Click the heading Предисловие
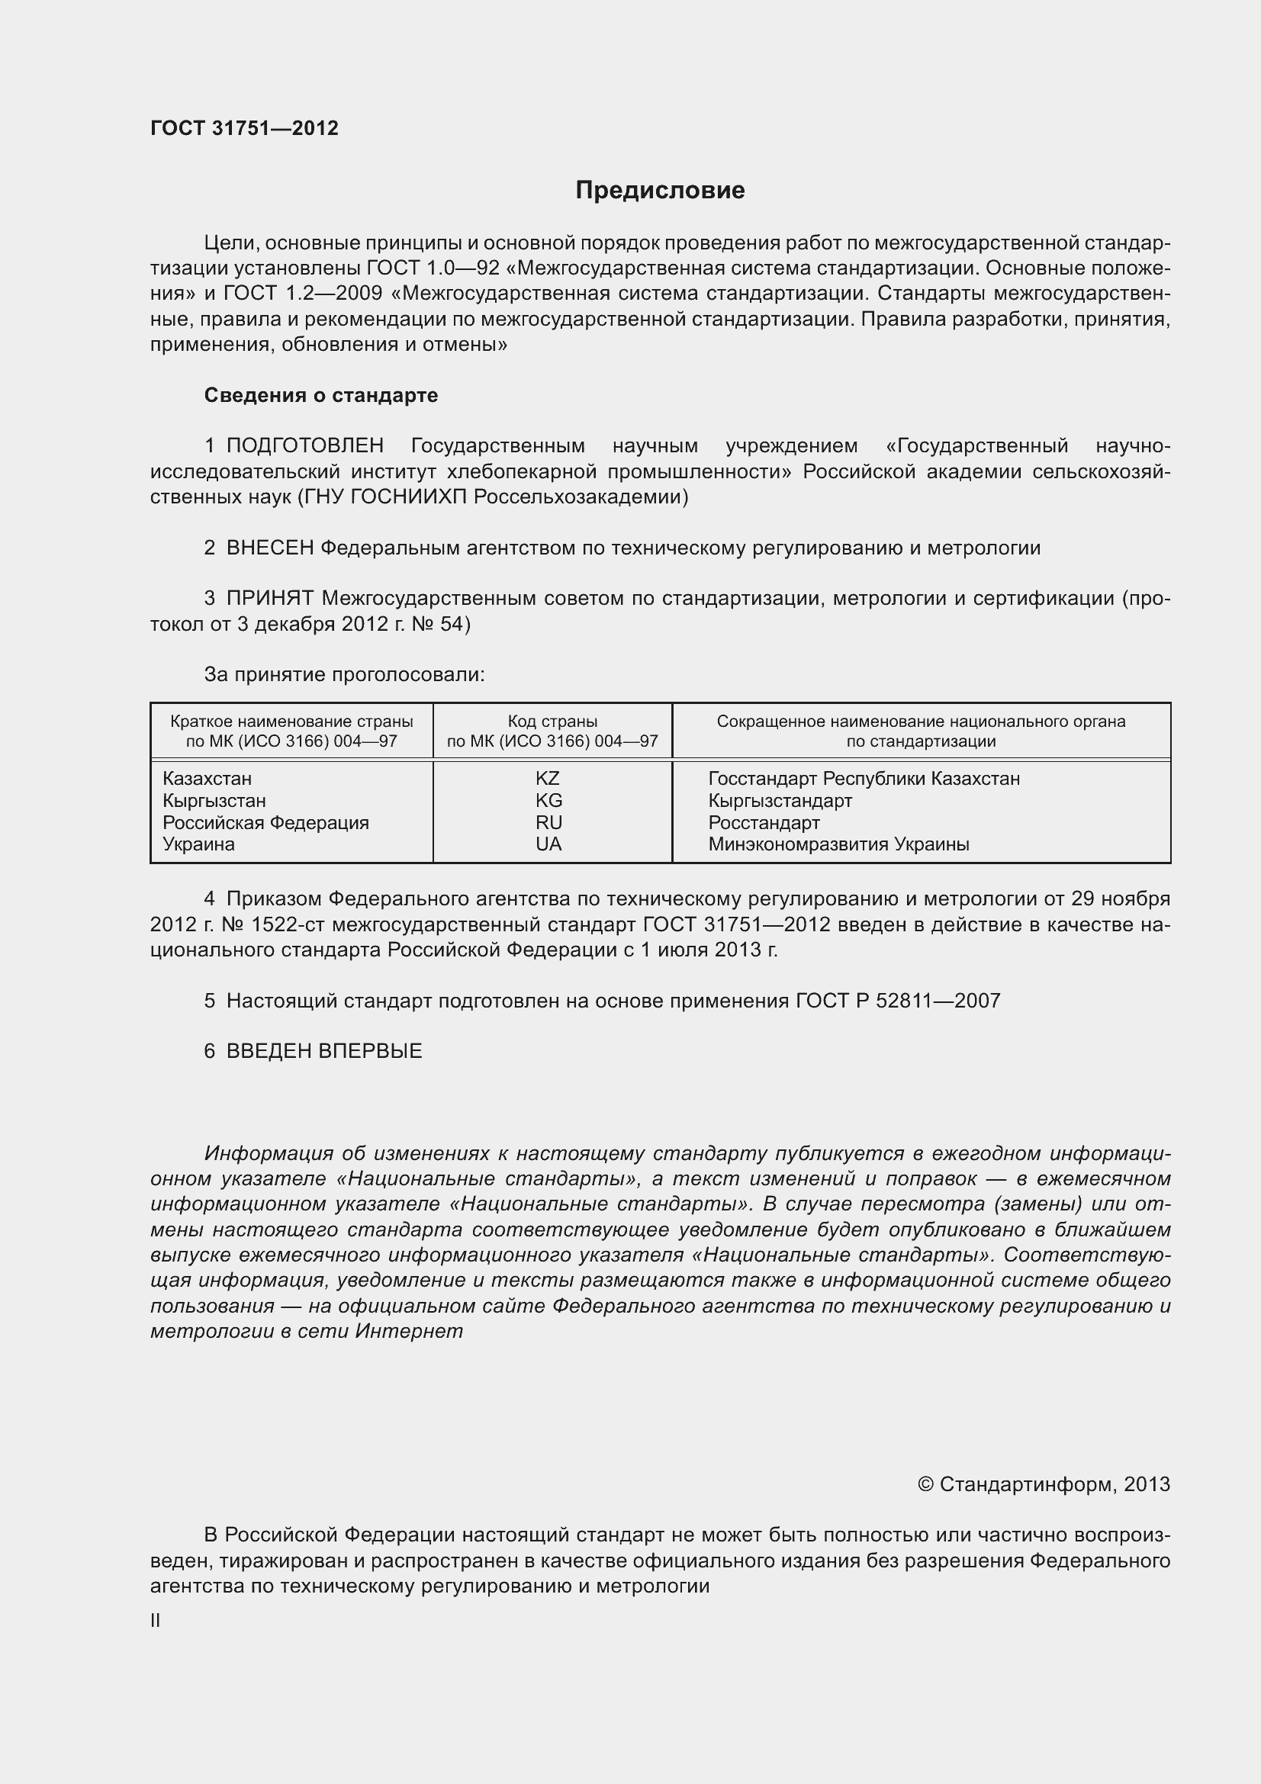660,191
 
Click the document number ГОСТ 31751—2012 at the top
244,128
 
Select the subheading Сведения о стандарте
321,396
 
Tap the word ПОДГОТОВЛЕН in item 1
304,446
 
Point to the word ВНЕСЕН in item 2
269,548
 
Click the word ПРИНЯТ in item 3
269,598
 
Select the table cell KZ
548,779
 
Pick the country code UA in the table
548,844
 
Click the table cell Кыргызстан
214,801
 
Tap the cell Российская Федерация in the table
265,823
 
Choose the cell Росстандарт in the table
764,823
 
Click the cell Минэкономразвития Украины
838,844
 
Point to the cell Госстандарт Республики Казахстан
864,779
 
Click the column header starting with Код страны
552,731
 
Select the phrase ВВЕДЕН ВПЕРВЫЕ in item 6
324,1051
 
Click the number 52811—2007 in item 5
938,1001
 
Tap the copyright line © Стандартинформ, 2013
1044,1485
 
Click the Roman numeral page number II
156,1621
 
